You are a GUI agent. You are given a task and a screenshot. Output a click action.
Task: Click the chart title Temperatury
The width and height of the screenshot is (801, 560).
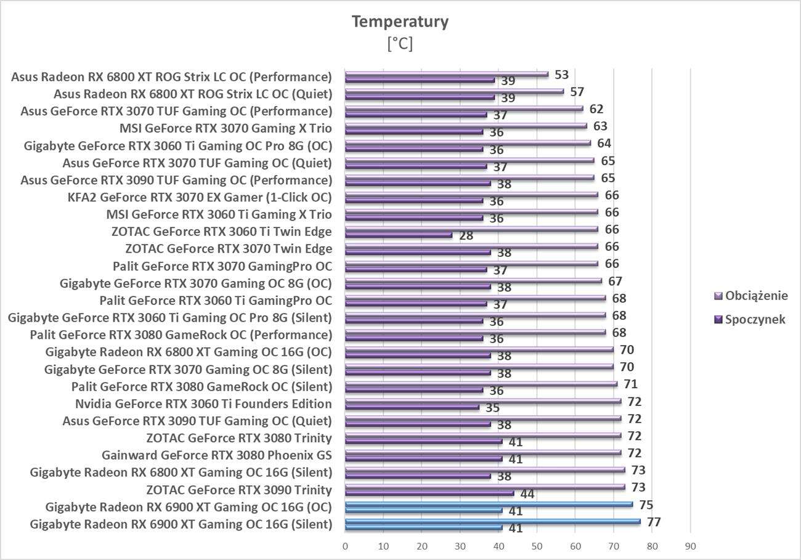click(400, 22)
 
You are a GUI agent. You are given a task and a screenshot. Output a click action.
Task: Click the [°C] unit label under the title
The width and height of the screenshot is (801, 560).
click(400, 44)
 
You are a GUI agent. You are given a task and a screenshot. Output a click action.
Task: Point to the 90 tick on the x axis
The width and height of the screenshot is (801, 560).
click(690, 546)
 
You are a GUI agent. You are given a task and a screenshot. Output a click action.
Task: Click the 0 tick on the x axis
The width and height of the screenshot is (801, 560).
click(345, 546)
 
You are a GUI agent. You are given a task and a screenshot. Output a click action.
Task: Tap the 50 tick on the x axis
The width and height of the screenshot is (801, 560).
click(537, 546)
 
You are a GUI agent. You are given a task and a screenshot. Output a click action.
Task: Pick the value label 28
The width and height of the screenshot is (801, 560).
click(466, 235)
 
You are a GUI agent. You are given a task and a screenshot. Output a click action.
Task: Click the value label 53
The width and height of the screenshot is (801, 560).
click(561, 75)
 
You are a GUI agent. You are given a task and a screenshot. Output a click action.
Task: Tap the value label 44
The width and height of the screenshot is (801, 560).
click(527, 493)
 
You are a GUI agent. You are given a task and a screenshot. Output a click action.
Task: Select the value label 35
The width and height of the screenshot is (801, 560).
click(492, 408)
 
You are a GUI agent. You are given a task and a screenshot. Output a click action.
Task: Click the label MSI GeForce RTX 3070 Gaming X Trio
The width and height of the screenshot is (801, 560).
click(226, 129)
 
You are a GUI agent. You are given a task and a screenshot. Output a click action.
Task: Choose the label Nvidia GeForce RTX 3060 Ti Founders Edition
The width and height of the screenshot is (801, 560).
click(203, 404)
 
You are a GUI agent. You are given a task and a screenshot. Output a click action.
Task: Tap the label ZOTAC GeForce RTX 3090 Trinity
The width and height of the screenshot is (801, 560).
click(239, 490)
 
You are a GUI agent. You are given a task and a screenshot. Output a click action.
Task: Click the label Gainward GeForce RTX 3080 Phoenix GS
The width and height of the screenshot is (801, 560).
click(217, 456)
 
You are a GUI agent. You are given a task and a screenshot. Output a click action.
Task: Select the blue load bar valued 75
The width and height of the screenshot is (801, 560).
click(489, 504)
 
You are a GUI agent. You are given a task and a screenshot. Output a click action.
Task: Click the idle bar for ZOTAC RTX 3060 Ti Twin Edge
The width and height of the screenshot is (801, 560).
click(398, 235)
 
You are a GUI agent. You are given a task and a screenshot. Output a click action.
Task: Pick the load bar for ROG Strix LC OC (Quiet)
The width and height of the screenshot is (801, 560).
click(454, 91)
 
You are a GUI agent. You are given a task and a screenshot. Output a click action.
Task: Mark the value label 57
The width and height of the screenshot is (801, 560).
click(577, 92)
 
